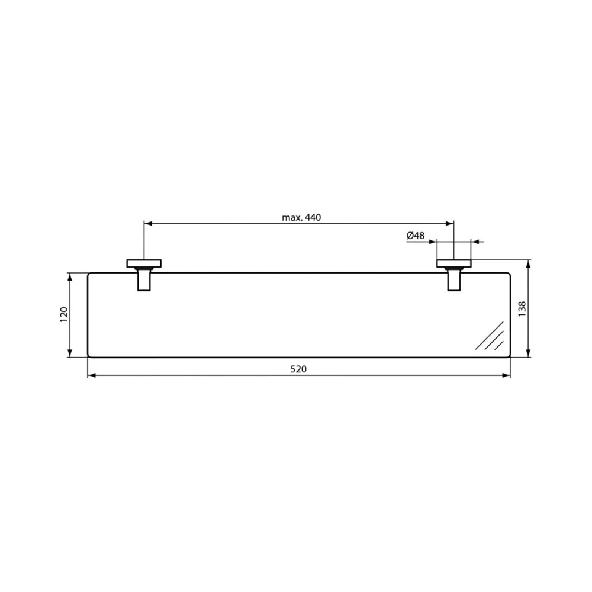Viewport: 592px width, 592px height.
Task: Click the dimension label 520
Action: tap(298, 369)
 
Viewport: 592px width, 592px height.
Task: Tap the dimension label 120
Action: tap(64, 314)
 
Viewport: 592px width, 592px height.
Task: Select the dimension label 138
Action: tap(522, 308)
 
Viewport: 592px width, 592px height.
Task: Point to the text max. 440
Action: tap(301, 217)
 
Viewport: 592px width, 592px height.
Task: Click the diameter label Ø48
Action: tap(416, 236)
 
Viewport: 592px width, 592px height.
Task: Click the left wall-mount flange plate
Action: tap(144, 263)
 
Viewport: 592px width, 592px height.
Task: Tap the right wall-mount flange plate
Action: tap(454, 263)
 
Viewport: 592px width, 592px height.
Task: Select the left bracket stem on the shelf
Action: tap(144, 279)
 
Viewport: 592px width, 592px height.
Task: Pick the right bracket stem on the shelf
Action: tap(454, 279)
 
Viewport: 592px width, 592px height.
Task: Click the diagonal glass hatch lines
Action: tap(490, 336)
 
